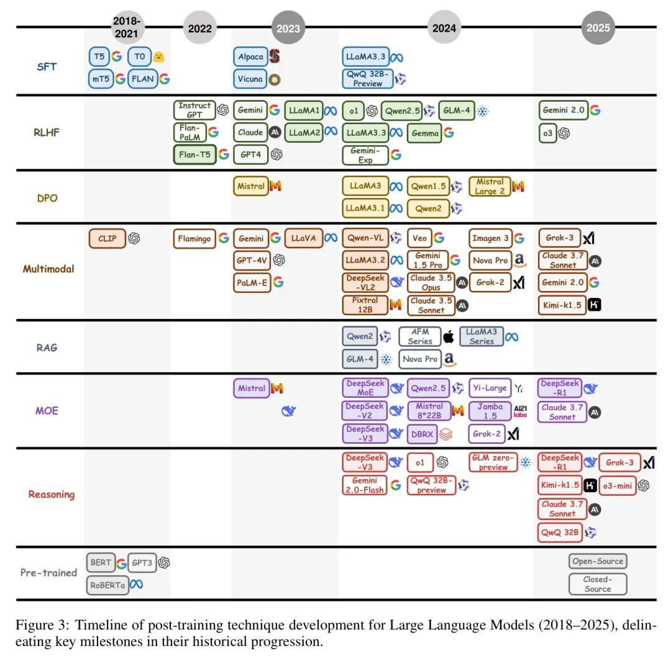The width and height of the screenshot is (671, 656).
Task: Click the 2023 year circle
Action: [x=288, y=27]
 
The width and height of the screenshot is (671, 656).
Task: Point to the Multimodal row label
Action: [x=48, y=269]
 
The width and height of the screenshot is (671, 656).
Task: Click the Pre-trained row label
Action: [x=48, y=572]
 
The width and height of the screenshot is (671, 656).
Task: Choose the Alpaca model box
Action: [x=250, y=57]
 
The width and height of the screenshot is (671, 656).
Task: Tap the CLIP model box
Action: [x=107, y=238]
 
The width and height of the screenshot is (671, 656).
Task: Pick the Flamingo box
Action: [x=194, y=238]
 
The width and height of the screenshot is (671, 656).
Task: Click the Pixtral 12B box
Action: [x=364, y=305]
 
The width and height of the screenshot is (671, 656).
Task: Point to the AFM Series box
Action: [x=419, y=336]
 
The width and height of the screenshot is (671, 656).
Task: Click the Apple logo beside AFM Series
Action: [x=448, y=337]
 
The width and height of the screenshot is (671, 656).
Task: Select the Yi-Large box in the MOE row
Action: [x=490, y=389]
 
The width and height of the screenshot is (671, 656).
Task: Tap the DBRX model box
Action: [x=421, y=434]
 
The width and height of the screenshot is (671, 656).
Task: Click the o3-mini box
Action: [x=618, y=485]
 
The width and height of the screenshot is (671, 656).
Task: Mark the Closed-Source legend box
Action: [x=598, y=584]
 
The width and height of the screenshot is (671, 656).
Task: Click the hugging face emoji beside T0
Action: [x=159, y=57]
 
